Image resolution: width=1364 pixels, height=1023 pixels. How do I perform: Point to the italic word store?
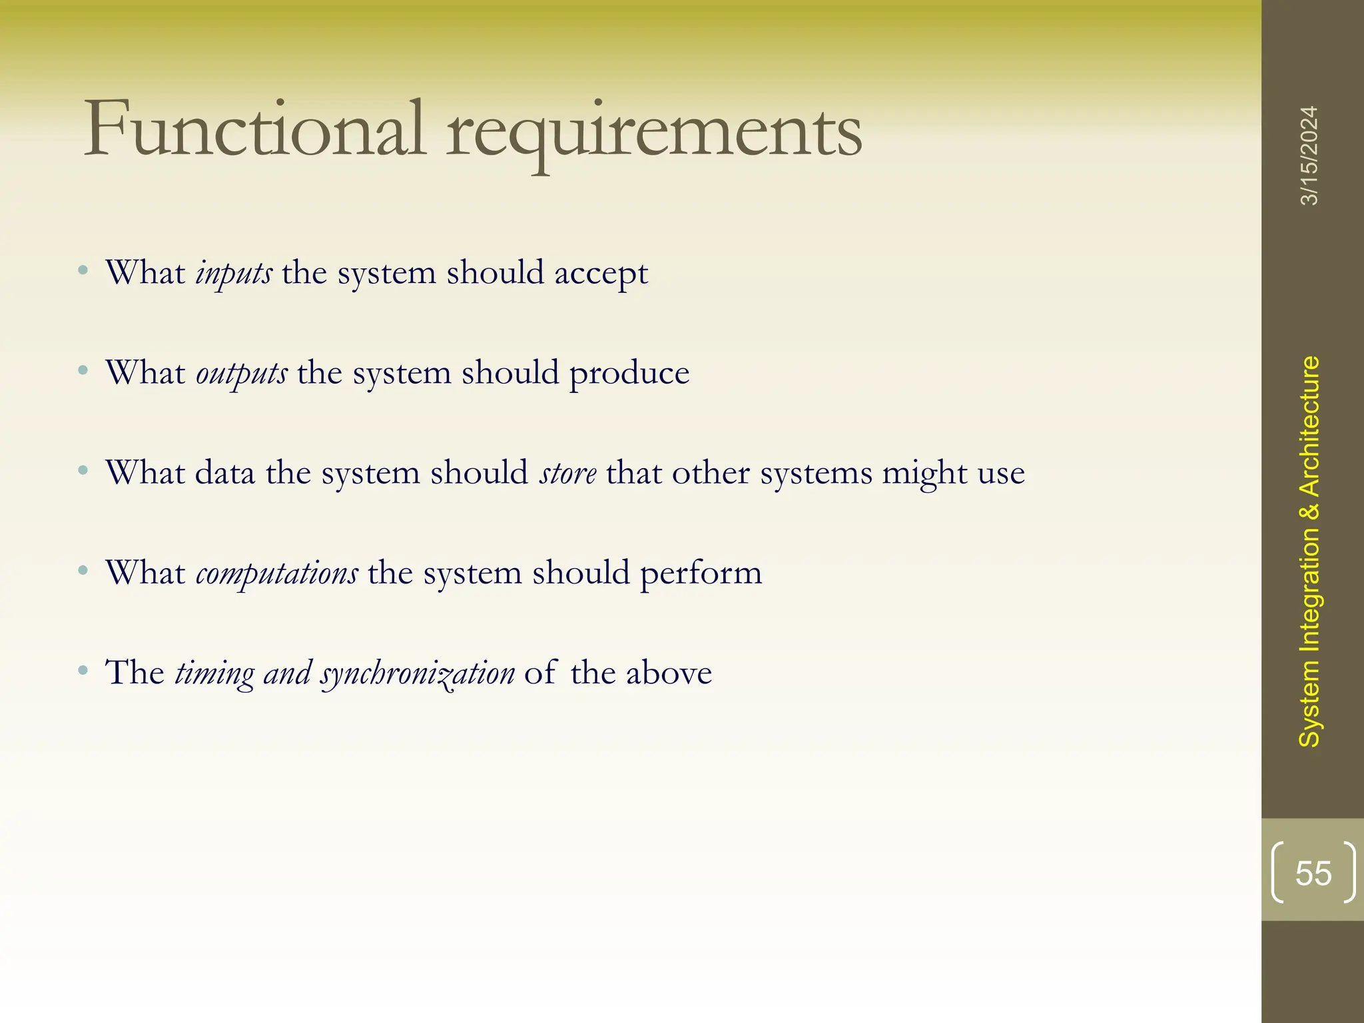[568, 474]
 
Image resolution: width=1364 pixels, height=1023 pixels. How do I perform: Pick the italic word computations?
[277, 573]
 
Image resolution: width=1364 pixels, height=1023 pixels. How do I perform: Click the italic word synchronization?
[418, 673]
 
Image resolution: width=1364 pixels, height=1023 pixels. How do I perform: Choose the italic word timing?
[214, 673]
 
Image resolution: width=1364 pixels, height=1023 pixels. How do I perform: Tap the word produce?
[629, 373]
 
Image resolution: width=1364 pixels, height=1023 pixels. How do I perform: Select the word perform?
[701, 573]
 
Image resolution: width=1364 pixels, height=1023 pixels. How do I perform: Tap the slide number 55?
[1313, 873]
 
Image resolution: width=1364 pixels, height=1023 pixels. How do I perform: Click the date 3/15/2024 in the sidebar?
[1309, 155]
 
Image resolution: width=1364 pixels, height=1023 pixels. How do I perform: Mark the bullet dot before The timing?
[83, 669]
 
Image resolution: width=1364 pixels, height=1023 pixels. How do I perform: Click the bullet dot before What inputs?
[83, 270]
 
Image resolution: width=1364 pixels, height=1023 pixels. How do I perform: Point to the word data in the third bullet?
[224, 473]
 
